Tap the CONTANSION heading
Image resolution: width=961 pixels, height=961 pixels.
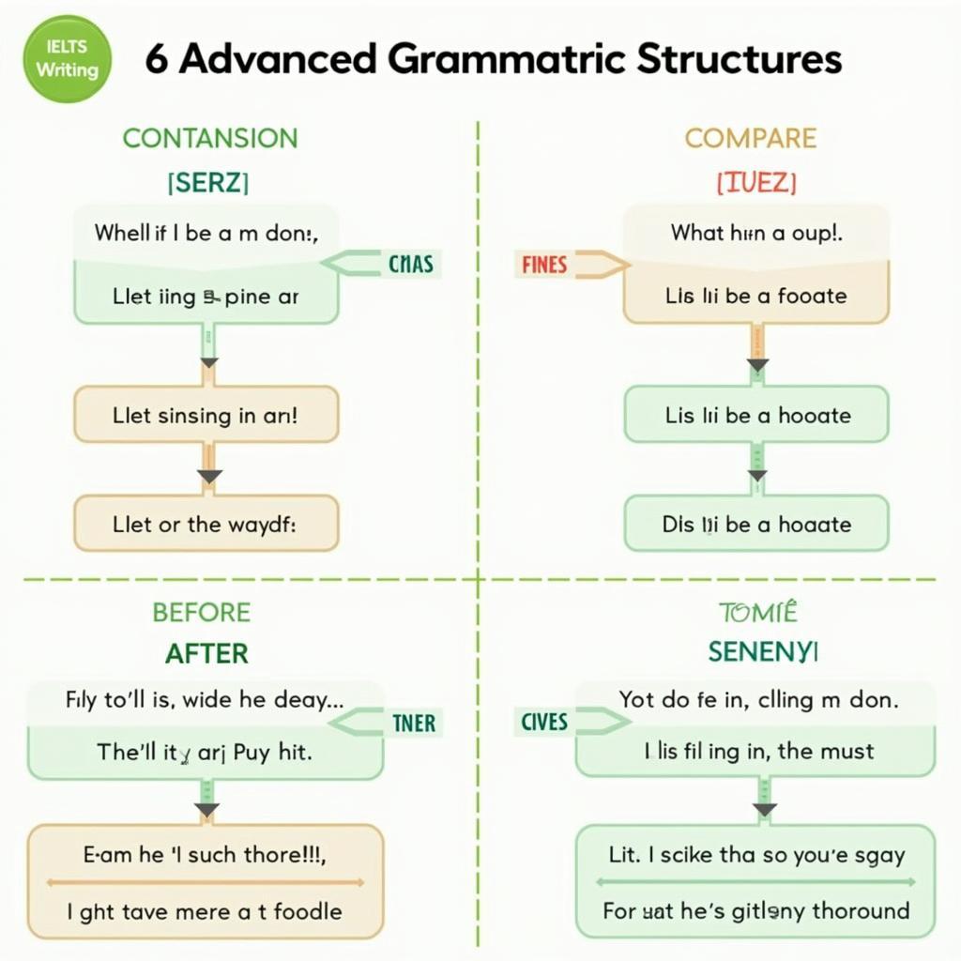[x=210, y=138]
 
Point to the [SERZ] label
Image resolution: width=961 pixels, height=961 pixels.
[x=208, y=183]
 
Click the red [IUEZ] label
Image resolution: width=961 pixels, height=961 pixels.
[x=755, y=183]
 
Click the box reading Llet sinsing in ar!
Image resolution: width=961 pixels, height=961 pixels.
[x=206, y=414]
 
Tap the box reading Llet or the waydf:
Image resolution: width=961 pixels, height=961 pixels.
[x=206, y=524]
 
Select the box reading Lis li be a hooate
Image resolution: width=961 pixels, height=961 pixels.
[x=756, y=414]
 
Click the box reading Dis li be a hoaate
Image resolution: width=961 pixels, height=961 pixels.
[x=756, y=524]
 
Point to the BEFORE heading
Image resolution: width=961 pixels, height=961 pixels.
[x=202, y=613]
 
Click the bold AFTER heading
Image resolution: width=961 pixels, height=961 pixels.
[x=207, y=653]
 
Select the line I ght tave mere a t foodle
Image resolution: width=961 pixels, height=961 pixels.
[x=204, y=910]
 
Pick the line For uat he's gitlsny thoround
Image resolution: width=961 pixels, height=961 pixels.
[x=756, y=910]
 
